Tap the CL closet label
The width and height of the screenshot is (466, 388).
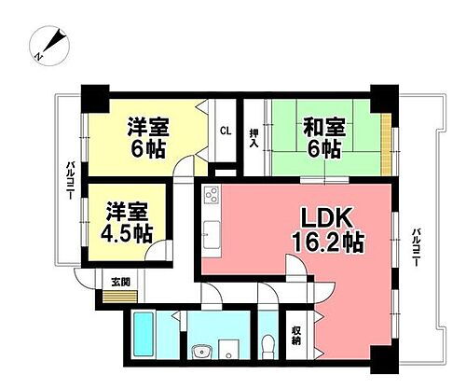(x=225, y=132)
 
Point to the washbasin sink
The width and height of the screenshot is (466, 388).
(x=199, y=352)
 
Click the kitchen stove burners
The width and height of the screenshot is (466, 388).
(x=211, y=197)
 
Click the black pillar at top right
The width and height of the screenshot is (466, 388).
(x=382, y=94)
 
